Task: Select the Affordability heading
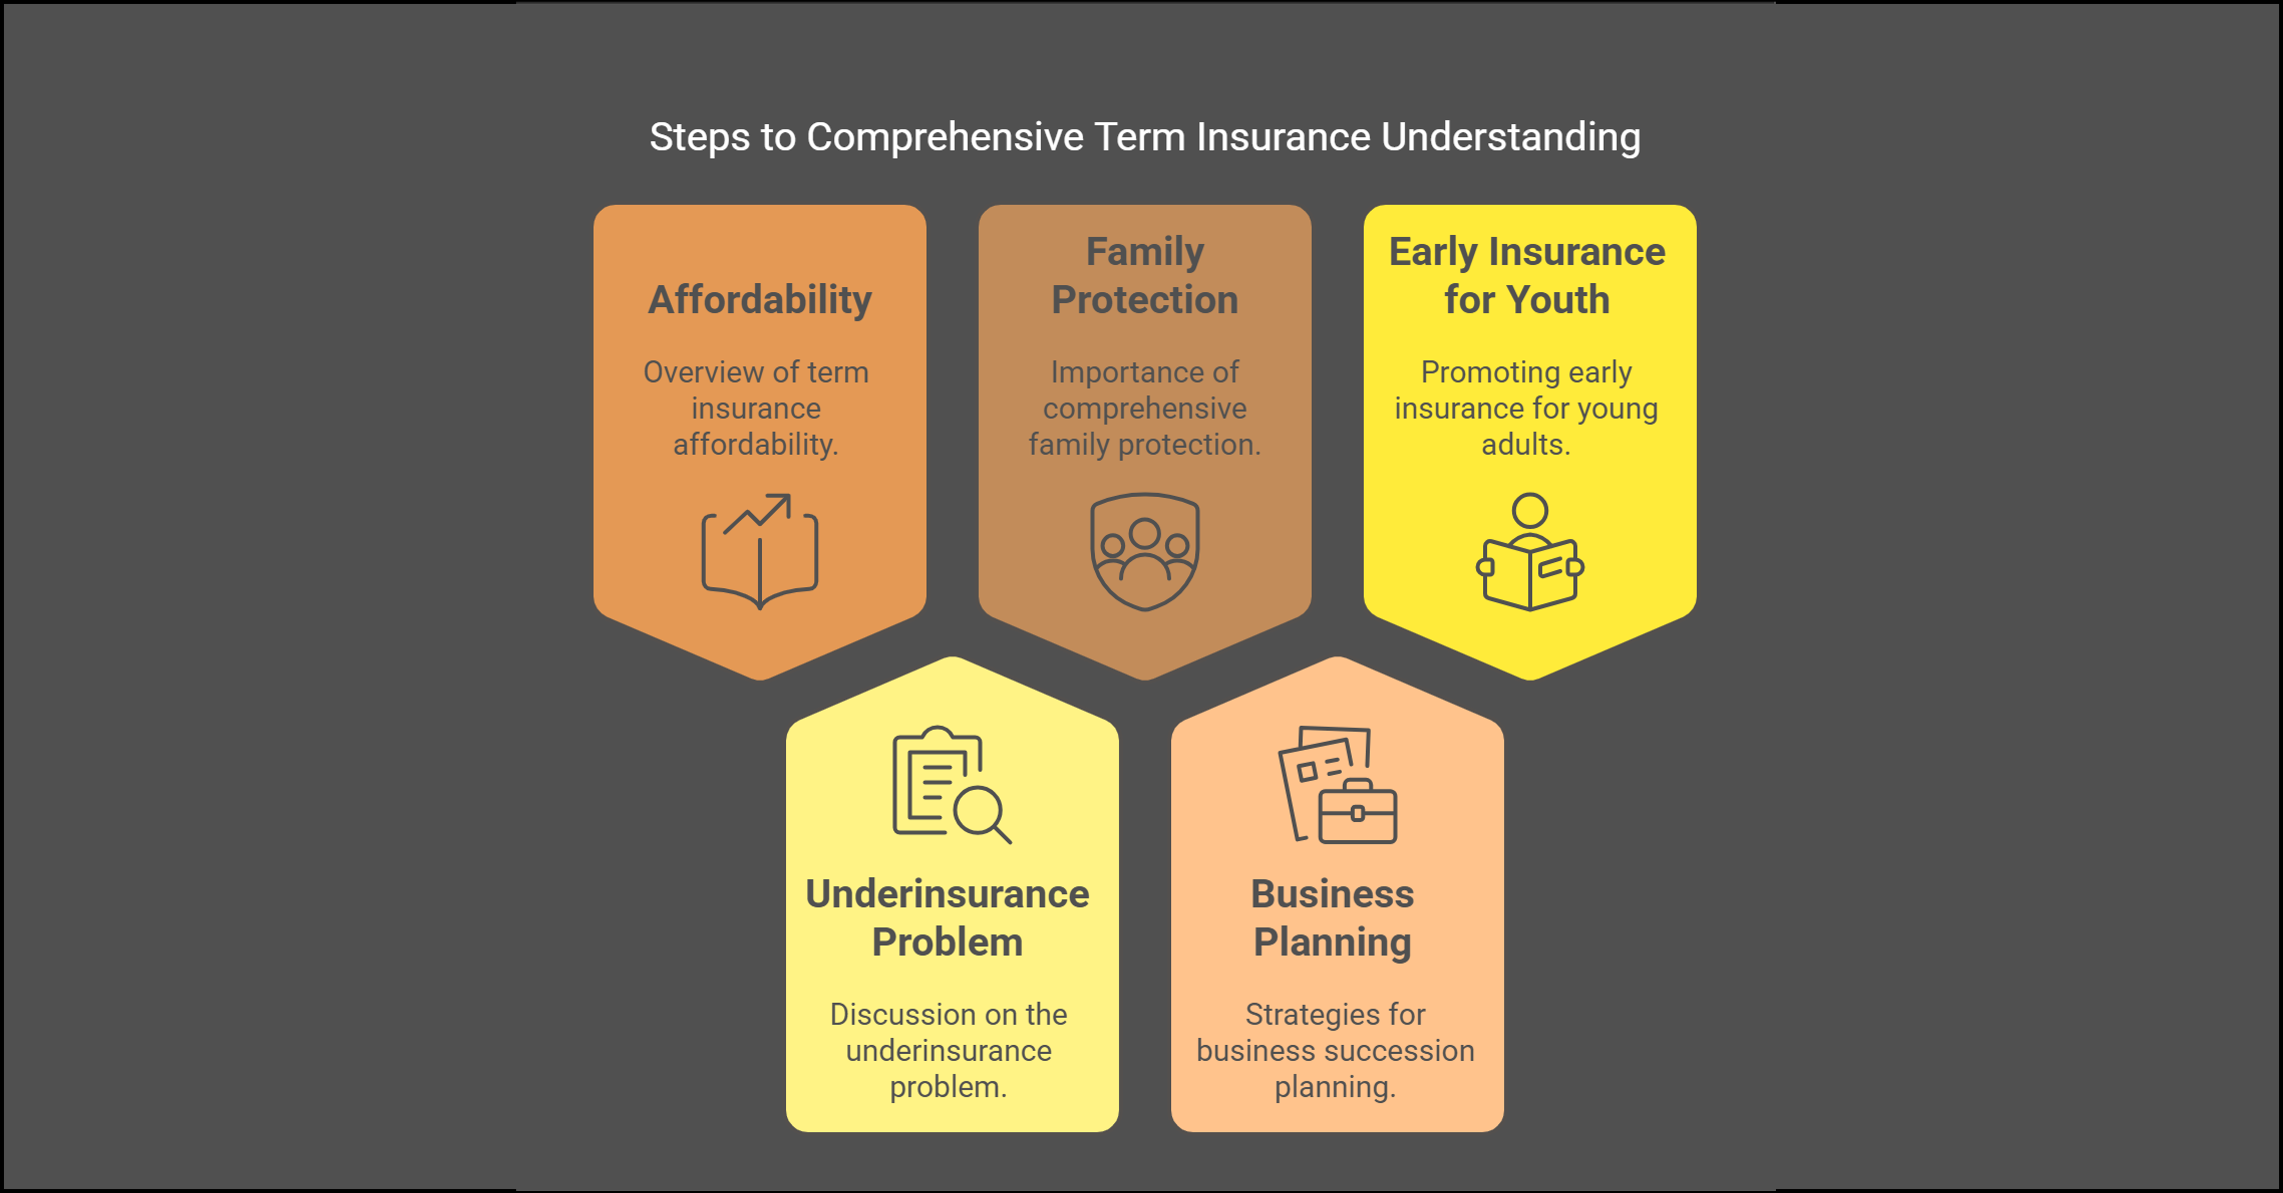coord(760,299)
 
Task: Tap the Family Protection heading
coord(1144,276)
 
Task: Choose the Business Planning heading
coord(1332,917)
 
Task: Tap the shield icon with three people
coord(1144,551)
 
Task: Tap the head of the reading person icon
coord(1530,511)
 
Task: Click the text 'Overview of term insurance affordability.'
coord(756,408)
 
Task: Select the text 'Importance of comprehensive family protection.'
coord(1144,408)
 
